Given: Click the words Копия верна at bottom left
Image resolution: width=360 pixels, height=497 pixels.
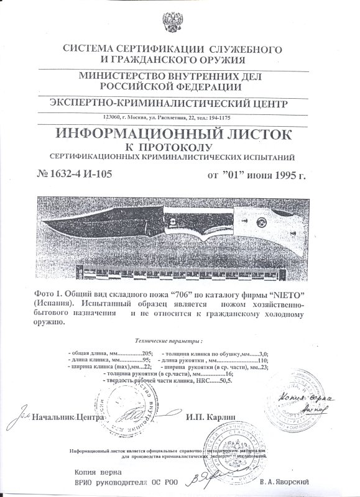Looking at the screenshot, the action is tap(96, 472).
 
